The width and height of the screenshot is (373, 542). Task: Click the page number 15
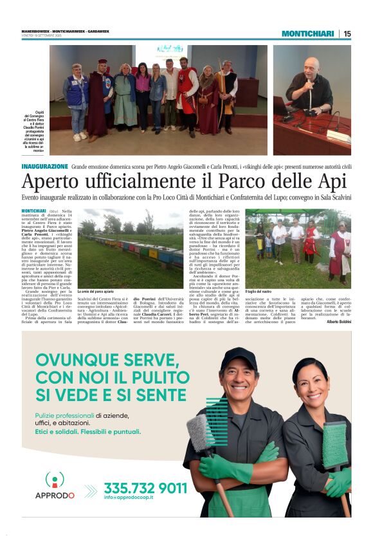[x=347, y=33]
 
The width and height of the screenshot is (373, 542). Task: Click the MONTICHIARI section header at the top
[x=307, y=33]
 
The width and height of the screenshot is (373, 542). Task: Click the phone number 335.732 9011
[x=145, y=488]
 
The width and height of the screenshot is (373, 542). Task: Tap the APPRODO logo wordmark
[x=55, y=495]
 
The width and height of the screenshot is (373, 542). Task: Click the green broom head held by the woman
[x=335, y=445]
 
